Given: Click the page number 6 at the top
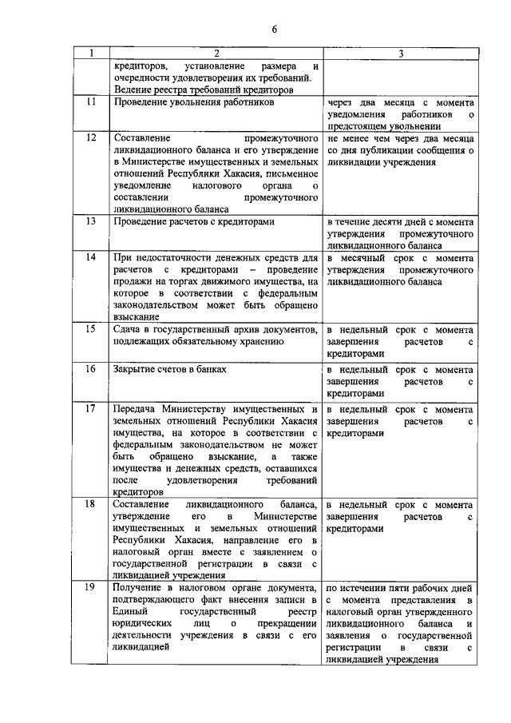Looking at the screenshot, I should pos(273,30).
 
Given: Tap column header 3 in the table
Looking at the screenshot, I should pos(399,54).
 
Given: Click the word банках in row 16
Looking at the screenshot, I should pos(211,369).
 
